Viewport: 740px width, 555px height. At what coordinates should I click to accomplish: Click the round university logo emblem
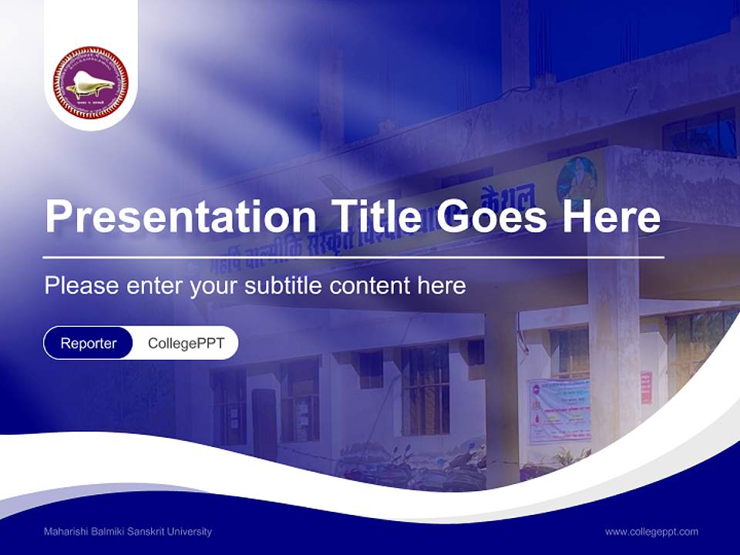tap(91, 82)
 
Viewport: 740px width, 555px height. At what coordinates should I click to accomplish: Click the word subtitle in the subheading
tap(284, 286)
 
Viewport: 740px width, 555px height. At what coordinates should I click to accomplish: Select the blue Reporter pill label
tap(89, 343)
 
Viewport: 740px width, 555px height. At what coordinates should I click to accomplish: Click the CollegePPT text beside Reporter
tap(186, 343)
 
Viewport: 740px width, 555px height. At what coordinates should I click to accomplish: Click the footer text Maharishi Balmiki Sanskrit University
tap(128, 532)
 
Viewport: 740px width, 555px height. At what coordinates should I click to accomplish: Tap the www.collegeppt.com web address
tap(651, 532)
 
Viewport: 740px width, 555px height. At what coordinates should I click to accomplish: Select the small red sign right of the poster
tap(646, 388)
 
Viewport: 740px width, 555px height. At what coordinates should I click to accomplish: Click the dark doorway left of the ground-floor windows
tap(264, 424)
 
